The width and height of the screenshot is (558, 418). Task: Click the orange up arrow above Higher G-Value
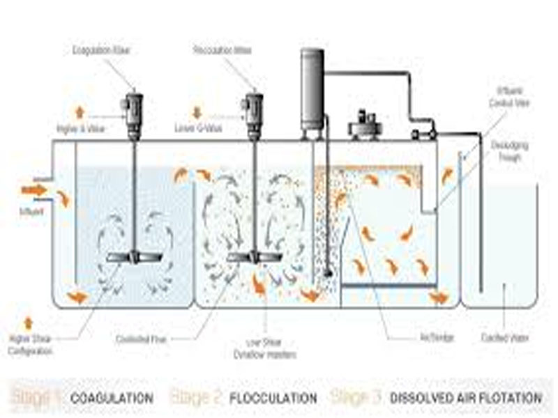[x=78, y=111]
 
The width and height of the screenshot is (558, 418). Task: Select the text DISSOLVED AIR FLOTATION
[x=466, y=398]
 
